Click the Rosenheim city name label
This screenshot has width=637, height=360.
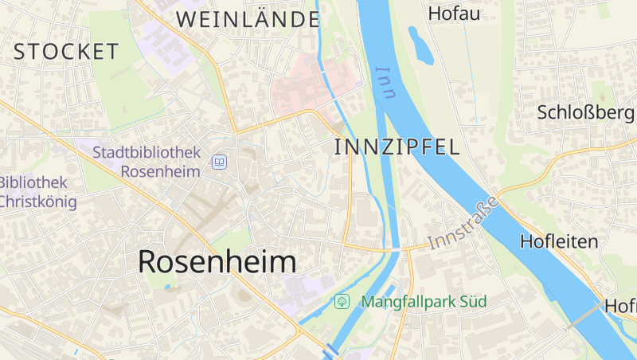(217, 261)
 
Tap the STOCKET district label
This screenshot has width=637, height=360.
(66, 52)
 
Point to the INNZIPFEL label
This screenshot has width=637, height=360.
(397, 147)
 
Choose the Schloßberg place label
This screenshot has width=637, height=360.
(586, 112)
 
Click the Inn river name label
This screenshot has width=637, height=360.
(386, 82)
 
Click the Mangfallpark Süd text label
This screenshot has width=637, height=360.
(423, 302)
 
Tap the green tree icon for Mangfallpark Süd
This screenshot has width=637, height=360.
(342, 302)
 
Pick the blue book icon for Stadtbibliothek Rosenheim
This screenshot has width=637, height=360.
(219, 162)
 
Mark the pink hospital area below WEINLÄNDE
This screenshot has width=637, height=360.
(311, 86)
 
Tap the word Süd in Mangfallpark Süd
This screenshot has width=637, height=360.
(471, 302)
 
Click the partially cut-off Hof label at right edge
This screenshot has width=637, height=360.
(620, 305)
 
